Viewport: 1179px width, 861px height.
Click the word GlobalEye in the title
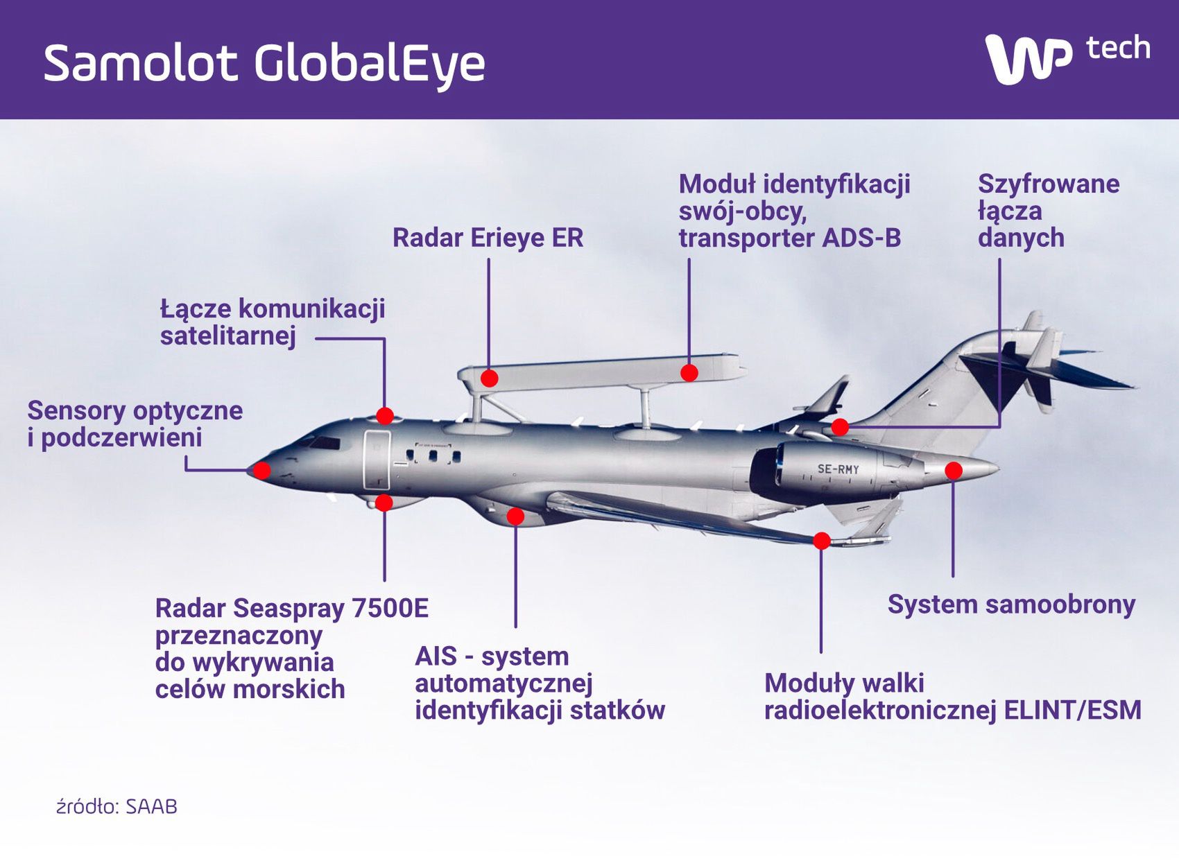coord(369,64)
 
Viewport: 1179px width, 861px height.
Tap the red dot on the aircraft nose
coord(261,471)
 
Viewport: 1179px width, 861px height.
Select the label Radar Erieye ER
coord(488,238)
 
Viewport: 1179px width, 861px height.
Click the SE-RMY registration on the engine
coord(838,469)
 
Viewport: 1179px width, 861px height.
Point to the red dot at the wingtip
coord(822,541)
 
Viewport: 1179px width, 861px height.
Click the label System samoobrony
coord(1011,605)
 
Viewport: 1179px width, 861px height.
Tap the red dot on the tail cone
coord(954,471)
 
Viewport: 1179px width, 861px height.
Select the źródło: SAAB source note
coord(117,807)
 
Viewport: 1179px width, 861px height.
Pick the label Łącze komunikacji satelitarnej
coord(272,322)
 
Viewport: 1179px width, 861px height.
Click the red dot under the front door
coord(384,502)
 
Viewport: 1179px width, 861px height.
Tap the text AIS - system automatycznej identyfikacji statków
coord(540,683)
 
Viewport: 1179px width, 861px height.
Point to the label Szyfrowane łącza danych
coord(1048,211)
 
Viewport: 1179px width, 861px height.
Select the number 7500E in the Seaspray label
coord(390,609)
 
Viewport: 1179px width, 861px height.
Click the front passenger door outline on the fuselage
coord(377,460)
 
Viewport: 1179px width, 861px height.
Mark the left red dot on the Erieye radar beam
coord(489,379)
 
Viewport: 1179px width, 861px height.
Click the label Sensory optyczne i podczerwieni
coord(135,424)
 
